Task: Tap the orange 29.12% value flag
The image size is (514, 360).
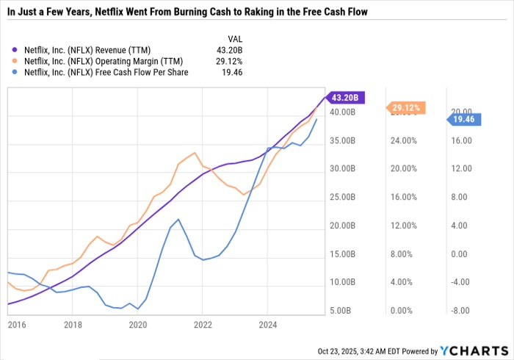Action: [x=405, y=107]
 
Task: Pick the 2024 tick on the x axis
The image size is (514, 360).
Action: [x=268, y=323]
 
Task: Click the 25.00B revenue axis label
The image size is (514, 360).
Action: [x=343, y=198]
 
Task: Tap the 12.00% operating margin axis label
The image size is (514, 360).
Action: [x=402, y=226]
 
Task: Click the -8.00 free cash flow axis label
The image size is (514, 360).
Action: [x=461, y=312]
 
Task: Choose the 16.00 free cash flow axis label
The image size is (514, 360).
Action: [x=461, y=140]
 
